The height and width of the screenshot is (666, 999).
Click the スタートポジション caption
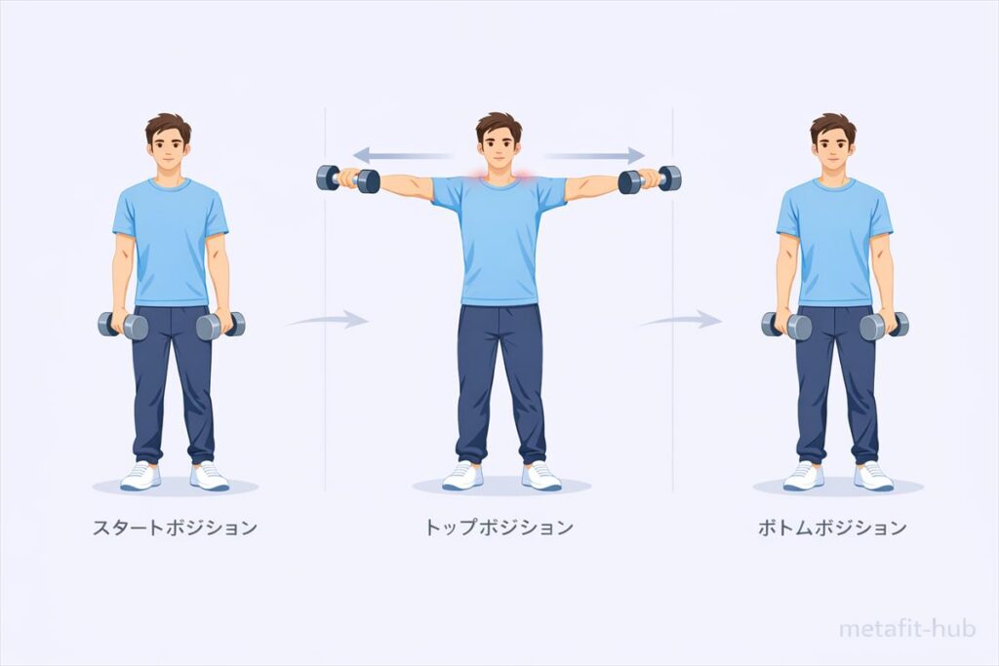click(x=176, y=528)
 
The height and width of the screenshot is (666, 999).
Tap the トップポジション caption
click(x=499, y=528)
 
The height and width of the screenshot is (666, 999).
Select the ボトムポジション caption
click(x=832, y=528)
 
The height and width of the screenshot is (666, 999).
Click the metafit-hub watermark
click(x=907, y=629)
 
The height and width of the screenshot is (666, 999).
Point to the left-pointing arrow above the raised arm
click(x=403, y=155)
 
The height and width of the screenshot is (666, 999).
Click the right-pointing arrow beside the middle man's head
click(x=594, y=155)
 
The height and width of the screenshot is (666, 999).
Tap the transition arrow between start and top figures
click(x=328, y=319)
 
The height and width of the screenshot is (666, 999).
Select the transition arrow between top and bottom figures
click(x=680, y=320)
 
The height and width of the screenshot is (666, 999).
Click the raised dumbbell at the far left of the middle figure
click(x=348, y=178)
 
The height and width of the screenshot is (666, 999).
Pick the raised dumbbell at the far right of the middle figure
click(x=650, y=179)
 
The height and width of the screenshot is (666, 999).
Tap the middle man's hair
click(x=499, y=126)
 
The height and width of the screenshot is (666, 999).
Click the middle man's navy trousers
click(x=500, y=383)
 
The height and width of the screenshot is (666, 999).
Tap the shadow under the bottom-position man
click(x=838, y=488)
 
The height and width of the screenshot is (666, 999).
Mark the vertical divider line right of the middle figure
click(x=673, y=299)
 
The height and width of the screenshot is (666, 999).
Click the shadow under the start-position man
click(x=176, y=488)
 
